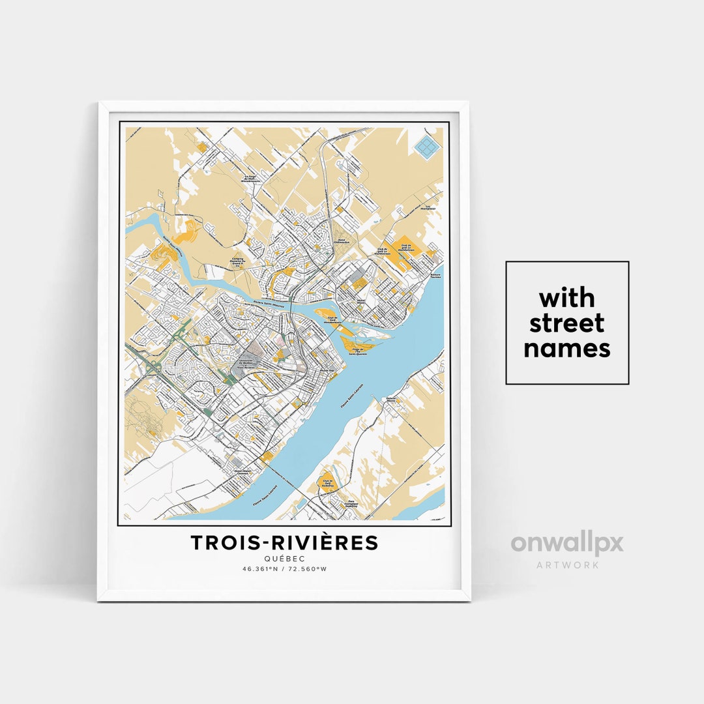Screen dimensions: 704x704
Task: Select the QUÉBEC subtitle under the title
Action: pyautogui.click(x=284, y=559)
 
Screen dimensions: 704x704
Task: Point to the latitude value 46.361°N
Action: pyautogui.click(x=261, y=568)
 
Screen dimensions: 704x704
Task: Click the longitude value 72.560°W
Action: pyautogui.click(x=308, y=568)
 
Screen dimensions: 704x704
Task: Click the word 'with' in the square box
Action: pyautogui.click(x=566, y=298)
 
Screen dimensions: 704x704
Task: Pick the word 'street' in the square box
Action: pyautogui.click(x=566, y=323)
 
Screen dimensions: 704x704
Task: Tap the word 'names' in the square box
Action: pyautogui.click(x=566, y=349)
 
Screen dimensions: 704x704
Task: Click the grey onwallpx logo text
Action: pyautogui.click(x=566, y=544)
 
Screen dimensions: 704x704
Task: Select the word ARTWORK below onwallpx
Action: pyautogui.click(x=567, y=565)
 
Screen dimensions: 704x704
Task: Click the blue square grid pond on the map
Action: pyautogui.click(x=427, y=147)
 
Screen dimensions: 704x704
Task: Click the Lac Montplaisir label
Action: pyautogui.click(x=428, y=208)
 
